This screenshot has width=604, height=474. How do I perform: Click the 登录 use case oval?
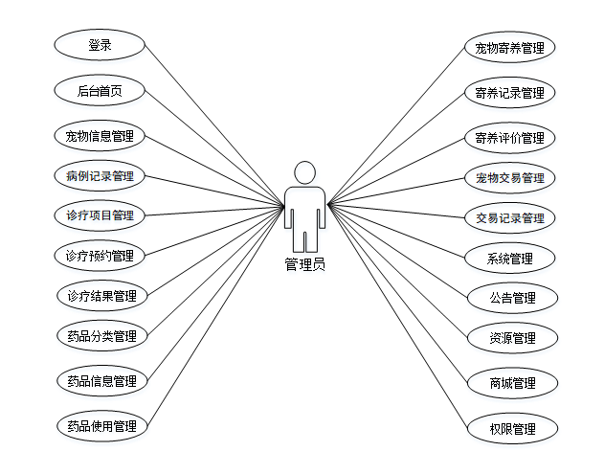click(x=100, y=45)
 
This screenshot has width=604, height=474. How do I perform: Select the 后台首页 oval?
click(x=100, y=92)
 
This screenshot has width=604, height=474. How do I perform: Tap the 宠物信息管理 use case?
click(x=100, y=136)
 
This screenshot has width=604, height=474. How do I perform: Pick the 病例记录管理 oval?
click(x=100, y=176)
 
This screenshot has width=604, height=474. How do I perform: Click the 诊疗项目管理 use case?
click(x=100, y=215)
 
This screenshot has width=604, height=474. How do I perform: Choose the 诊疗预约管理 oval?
click(x=100, y=256)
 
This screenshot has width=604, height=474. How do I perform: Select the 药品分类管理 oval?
click(x=101, y=336)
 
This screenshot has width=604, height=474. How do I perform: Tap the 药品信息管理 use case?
click(x=101, y=381)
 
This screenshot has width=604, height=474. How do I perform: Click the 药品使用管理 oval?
click(x=101, y=426)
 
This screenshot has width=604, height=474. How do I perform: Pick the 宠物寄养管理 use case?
click(x=509, y=47)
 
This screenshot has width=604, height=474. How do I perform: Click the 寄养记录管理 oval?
click(x=509, y=93)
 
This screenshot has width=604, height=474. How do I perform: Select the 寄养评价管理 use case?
click(x=509, y=138)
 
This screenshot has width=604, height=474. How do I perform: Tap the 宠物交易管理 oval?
click(x=509, y=178)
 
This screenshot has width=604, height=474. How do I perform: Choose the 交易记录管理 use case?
click(x=509, y=218)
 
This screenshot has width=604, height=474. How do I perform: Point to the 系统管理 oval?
click(x=509, y=259)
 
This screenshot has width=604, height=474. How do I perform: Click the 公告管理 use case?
click(x=511, y=298)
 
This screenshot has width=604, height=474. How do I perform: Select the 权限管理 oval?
click(x=511, y=429)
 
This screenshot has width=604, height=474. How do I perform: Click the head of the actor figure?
click(x=304, y=172)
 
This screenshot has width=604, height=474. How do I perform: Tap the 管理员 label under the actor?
click(x=304, y=264)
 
